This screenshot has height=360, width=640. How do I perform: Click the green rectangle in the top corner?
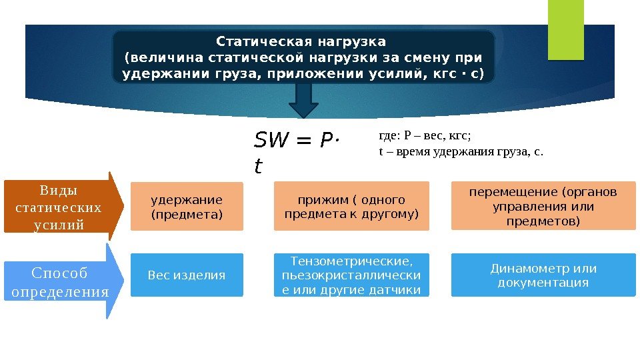pyautogui.click(x=565, y=29)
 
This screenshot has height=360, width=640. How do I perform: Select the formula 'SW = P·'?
pyautogui.click(x=297, y=141)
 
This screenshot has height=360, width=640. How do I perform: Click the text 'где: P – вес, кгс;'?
pyautogui.click(x=425, y=136)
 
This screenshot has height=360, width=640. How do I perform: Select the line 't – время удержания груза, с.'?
pyautogui.click(x=461, y=151)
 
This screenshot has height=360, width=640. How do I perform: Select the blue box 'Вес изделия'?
pyautogui.click(x=187, y=275)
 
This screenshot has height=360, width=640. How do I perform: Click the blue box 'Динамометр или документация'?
pyautogui.click(x=543, y=275)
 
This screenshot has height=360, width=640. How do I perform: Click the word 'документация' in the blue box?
pyautogui.click(x=543, y=283)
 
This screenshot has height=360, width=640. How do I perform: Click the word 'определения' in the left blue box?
pyautogui.click(x=60, y=292)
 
